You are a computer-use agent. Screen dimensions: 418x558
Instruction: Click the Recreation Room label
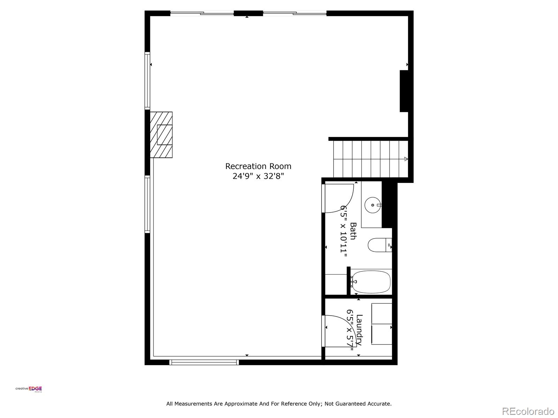click(258, 167)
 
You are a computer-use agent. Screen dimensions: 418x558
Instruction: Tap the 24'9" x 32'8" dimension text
click(258, 176)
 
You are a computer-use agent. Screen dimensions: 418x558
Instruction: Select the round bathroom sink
click(373, 205)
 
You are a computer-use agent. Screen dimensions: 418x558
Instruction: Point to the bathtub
click(371, 282)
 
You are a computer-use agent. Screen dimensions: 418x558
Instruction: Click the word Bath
click(353, 231)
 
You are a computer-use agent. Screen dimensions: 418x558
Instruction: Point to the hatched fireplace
click(161, 135)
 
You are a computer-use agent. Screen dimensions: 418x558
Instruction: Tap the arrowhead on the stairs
click(406, 159)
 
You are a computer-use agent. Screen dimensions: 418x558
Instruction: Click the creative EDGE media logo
click(29, 389)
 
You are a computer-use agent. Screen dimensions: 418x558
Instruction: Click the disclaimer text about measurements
click(279, 404)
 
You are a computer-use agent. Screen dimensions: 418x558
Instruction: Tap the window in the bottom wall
click(204, 362)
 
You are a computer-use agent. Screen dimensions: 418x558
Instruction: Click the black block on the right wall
click(404, 91)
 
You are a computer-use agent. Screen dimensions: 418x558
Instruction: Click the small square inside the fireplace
click(165, 135)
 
